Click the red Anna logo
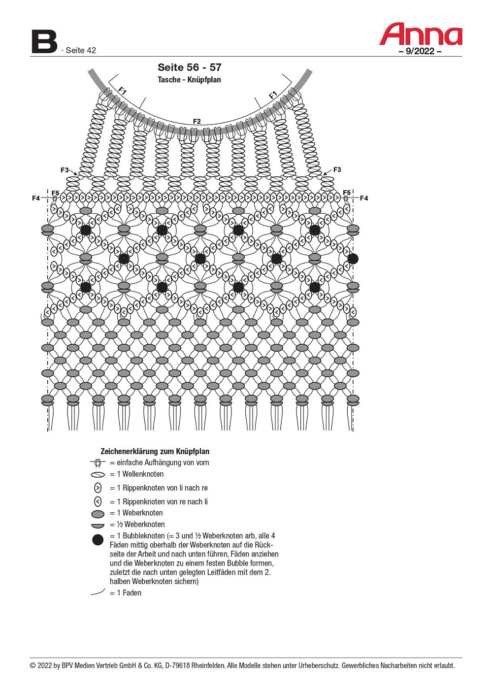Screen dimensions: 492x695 coord(421,34)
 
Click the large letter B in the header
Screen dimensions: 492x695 coord(44,42)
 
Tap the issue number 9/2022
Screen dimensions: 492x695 coord(420,51)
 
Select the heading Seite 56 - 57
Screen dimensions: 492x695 coord(189,67)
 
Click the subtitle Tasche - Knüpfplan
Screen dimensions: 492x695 coord(189,80)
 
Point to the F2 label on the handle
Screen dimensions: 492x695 coord(197,121)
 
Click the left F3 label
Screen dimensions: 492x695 coord(65,170)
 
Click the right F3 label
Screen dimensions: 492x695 coord(337,170)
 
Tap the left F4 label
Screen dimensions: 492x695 coord(36,198)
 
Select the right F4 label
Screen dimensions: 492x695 coord(364,198)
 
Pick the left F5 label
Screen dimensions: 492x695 coord(55,193)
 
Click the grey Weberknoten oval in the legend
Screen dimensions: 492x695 coord(98,514)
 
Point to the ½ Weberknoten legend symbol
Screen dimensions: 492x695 coord(98,526)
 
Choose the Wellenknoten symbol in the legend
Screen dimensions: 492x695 coord(98,475)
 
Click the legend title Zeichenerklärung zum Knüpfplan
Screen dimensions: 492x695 coord(155,452)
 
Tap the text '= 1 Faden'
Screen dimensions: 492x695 coord(126,593)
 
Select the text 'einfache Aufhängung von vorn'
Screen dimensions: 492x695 coord(163,463)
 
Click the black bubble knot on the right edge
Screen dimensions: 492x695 coord(353,259)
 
